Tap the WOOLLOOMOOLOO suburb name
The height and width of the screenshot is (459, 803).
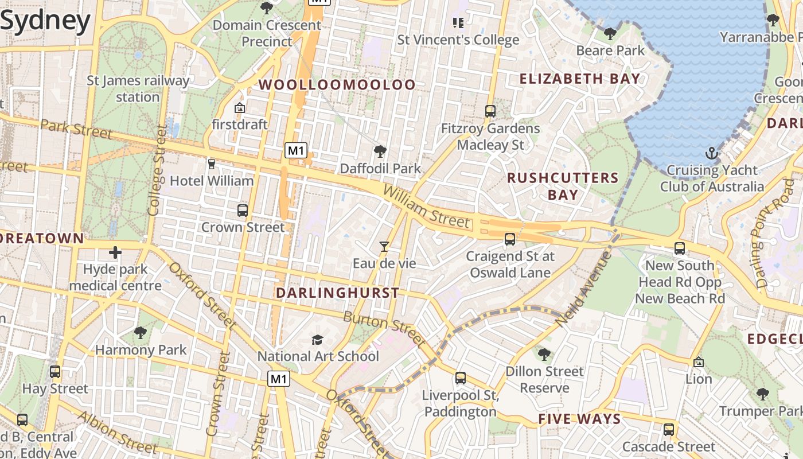337,84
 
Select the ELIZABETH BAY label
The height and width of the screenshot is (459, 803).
580,79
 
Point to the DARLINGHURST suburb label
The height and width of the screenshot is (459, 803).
337,293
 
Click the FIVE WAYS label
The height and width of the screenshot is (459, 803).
579,419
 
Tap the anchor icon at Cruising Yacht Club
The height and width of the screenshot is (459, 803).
711,153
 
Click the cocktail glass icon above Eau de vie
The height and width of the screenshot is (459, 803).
384,247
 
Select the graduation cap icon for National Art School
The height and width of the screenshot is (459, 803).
317,340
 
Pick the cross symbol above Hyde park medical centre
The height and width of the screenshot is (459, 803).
115,252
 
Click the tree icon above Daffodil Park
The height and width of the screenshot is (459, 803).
380,151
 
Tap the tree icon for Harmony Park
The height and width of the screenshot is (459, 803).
140,333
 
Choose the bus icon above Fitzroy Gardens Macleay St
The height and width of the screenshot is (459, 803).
490,111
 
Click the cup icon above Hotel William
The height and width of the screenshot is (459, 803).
212,164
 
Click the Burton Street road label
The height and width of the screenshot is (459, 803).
384,329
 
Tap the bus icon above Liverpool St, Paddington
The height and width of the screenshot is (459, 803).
461,378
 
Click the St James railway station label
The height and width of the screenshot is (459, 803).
138,88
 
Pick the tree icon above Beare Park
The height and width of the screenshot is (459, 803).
610,34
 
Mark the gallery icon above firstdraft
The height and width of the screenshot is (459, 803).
240,108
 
